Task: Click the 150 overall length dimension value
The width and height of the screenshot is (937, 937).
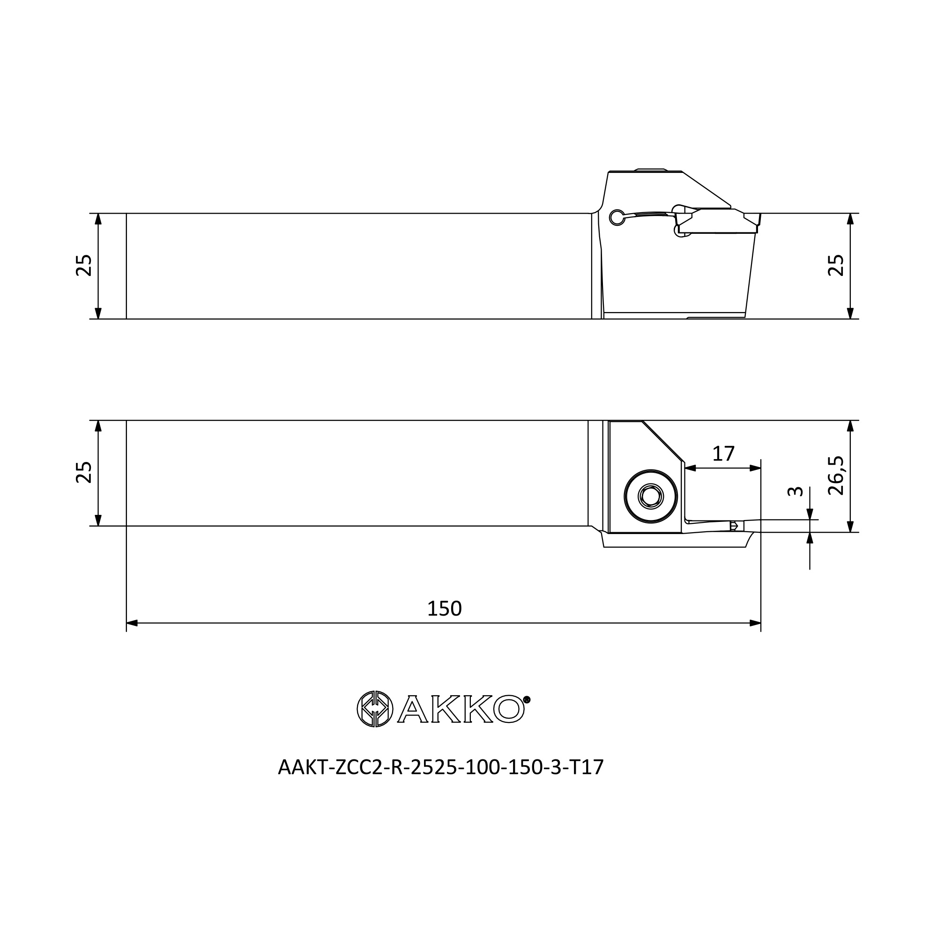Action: (x=444, y=608)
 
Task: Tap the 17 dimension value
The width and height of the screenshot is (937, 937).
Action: (x=723, y=454)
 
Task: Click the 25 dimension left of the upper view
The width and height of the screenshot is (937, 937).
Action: (x=84, y=265)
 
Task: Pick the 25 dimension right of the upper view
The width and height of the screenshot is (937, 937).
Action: (x=836, y=265)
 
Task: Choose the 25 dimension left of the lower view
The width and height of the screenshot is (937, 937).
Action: (x=84, y=472)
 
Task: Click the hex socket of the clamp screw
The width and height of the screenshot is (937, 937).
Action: (x=651, y=497)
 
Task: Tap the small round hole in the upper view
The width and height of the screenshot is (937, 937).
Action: (x=617, y=218)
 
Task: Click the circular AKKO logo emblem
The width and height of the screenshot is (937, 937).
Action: (x=375, y=709)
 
